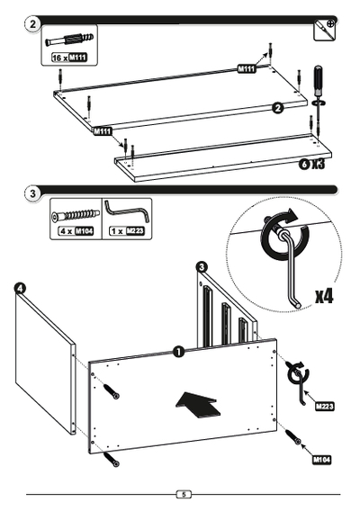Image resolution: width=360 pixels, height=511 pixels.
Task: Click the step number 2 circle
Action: [x=32, y=23]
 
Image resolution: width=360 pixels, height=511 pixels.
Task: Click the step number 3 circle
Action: [x=32, y=193]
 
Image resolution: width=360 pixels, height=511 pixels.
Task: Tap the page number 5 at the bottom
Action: [x=184, y=494]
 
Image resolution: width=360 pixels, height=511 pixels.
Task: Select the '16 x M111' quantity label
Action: [x=69, y=58]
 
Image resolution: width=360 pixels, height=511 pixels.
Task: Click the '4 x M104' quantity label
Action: [x=76, y=231]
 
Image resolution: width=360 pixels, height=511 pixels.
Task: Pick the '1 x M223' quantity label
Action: [x=127, y=231]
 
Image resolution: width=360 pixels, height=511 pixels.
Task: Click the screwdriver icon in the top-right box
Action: [x=325, y=30]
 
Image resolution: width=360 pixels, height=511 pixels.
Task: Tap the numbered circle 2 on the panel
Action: [x=278, y=108]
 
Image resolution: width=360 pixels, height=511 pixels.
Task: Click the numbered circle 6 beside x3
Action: [x=304, y=164]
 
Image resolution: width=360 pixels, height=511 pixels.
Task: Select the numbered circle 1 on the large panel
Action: [x=178, y=352]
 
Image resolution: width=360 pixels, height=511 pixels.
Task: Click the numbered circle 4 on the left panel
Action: [x=20, y=289]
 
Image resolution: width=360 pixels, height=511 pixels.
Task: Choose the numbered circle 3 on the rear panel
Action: [x=202, y=267]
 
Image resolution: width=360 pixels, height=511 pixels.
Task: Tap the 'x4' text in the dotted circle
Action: [x=324, y=296]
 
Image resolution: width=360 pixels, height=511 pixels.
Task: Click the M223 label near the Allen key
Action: [x=325, y=407]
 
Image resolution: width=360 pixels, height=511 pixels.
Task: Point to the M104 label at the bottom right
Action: [x=322, y=460]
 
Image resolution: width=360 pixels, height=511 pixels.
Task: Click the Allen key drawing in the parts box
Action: [x=127, y=211]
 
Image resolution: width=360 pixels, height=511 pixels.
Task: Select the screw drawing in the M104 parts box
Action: [x=76, y=215]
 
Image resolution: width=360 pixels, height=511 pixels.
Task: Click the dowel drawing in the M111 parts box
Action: [x=69, y=40]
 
